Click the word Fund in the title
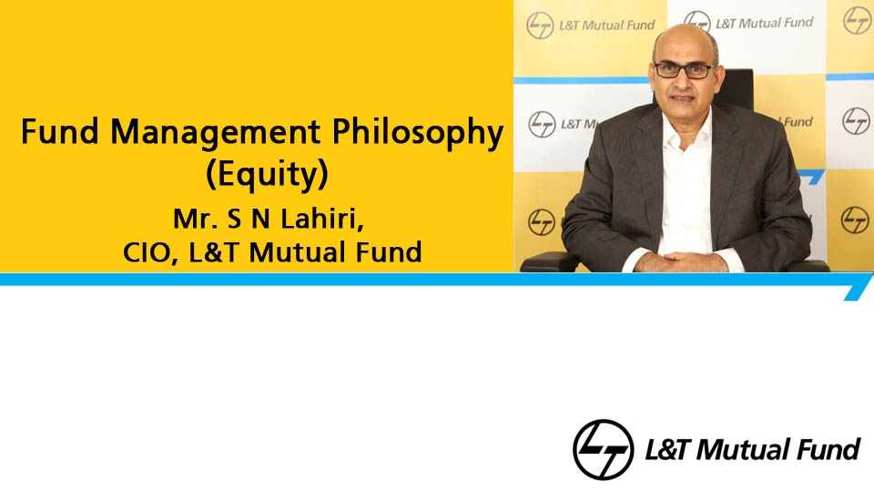click(x=60, y=131)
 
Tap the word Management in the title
click(x=215, y=131)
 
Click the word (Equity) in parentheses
click(x=267, y=175)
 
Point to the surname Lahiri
click(x=322, y=219)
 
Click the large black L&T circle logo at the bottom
click(x=603, y=449)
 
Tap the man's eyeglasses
click(x=685, y=70)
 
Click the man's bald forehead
click(x=683, y=45)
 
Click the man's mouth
click(x=681, y=98)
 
